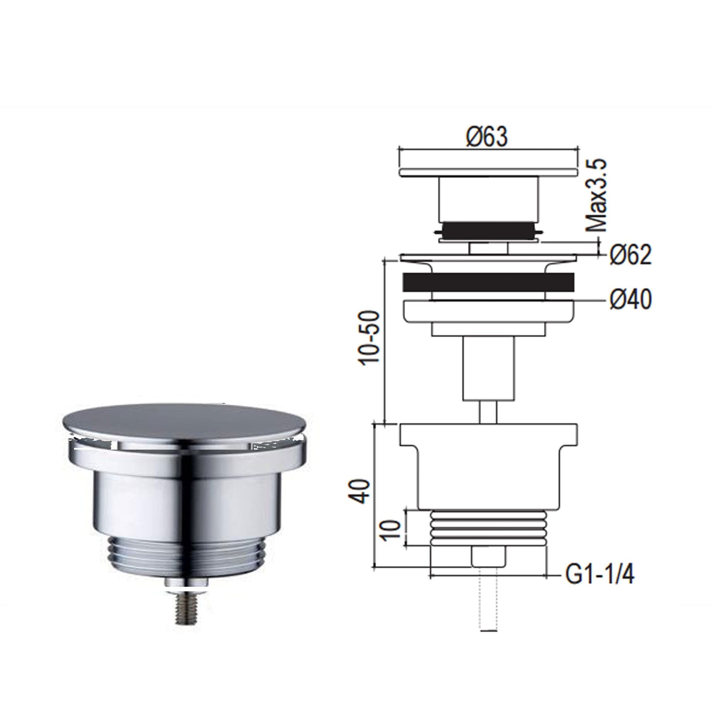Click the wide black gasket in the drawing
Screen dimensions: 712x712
[x=488, y=282]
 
